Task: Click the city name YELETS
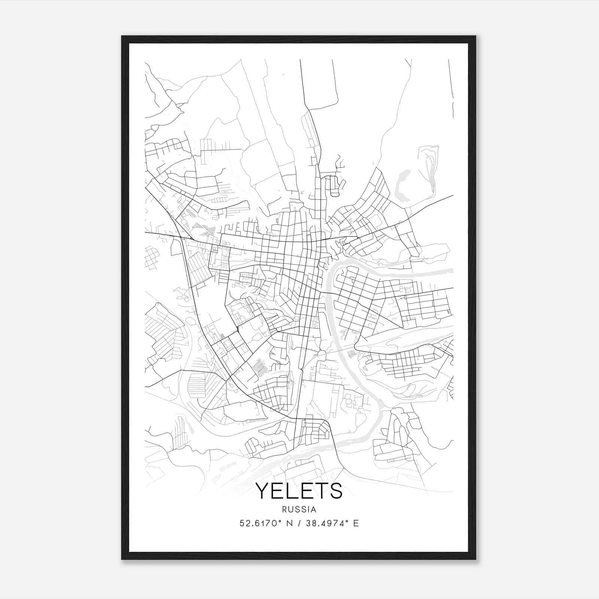point(299,491)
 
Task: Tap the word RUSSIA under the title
point(299,510)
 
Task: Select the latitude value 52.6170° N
point(266,523)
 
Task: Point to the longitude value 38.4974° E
point(332,523)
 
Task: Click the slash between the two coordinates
point(299,523)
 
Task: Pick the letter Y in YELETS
point(262,491)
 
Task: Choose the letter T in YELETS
point(320,491)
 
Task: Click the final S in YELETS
point(336,491)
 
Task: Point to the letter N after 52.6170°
point(289,523)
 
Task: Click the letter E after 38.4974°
point(356,523)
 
